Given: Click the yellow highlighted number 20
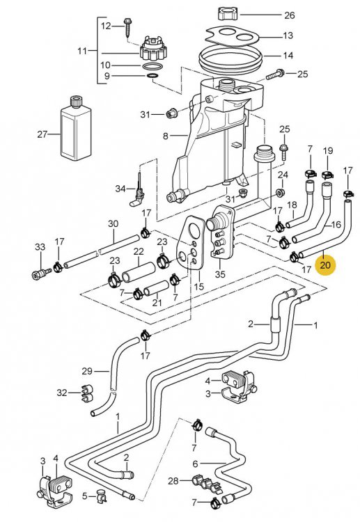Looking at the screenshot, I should click(x=325, y=265).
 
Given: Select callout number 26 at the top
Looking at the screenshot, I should click(x=289, y=14).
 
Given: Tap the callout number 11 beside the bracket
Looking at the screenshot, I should click(x=82, y=51).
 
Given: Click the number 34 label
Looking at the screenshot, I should click(x=120, y=188).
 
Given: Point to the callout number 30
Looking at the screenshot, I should click(x=113, y=223).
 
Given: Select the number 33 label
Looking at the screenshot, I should click(x=39, y=247).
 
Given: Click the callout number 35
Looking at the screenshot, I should click(x=221, y=274).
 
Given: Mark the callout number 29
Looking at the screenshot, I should click(x=87, y=370).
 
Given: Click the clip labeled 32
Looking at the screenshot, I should click(x=84, y=393).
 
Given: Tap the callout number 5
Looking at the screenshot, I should click(x=84, y=496).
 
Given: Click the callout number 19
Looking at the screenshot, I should click(x=327, y=150).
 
